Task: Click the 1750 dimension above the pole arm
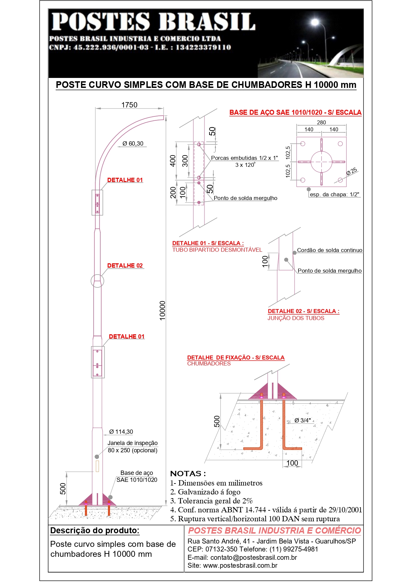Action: pos(129,105)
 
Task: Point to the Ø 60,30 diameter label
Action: pos(133,144)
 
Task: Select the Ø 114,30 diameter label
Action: pos(121,432)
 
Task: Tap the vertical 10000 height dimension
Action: pos(162,310)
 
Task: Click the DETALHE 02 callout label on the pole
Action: pos(125,266)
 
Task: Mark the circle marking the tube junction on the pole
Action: pos(97,281)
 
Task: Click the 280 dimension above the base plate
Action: pos(321,122)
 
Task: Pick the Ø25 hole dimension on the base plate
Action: pos(352,171)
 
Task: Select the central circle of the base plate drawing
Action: pos(321,162)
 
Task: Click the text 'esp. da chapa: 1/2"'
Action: pos(335,194)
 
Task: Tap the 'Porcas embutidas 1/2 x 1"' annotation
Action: pos(245,158)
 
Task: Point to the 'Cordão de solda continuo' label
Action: pos(330,250)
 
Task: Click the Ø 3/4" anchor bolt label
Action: pos(302,420)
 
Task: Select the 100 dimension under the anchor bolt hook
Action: pos(292,463)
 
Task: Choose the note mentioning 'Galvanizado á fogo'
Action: pos(205,492)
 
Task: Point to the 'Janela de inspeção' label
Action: pos(132,443)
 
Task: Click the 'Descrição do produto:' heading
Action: pos(95,531)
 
